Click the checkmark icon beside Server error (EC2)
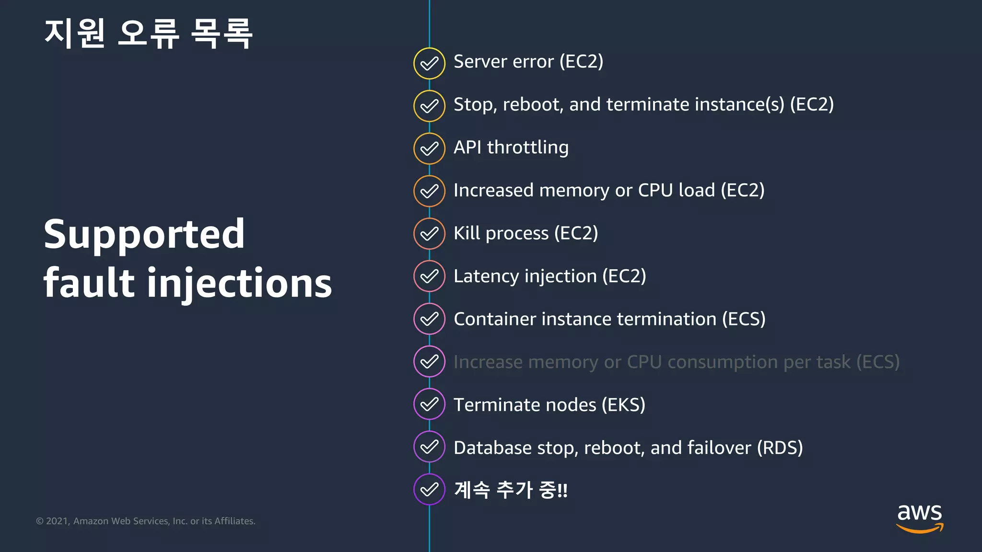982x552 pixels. pyautogui.click(x=429, y=63)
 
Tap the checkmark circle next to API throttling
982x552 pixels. pyautogui.click(x=429, y=149)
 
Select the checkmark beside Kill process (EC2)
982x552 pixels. pyautogui.click(x=429, y=234)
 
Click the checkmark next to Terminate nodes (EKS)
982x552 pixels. pyautogui.click(x=429, y=404)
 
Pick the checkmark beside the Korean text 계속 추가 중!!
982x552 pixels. pyautogui.click(x=429, y=489)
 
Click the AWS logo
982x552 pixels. pyautogui.click(x=920, y=518)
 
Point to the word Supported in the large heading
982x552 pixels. pyautogui.click(x=144, y=234)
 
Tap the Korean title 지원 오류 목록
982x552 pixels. pyautogui.click(x=148, y=33)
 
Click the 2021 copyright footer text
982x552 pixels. pyautogui.click(x=146, y=521)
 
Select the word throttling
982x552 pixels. pyautogui.click(x=528, y=148)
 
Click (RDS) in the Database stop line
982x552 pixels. pyautogui.click(x=780, y=448)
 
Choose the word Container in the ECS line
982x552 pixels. pyautogui.click(x=494, y=319)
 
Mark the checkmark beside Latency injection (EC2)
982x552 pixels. pyautogui.click(x=429, y=276)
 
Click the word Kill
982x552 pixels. pyautogui.click(x=467, y=233)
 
